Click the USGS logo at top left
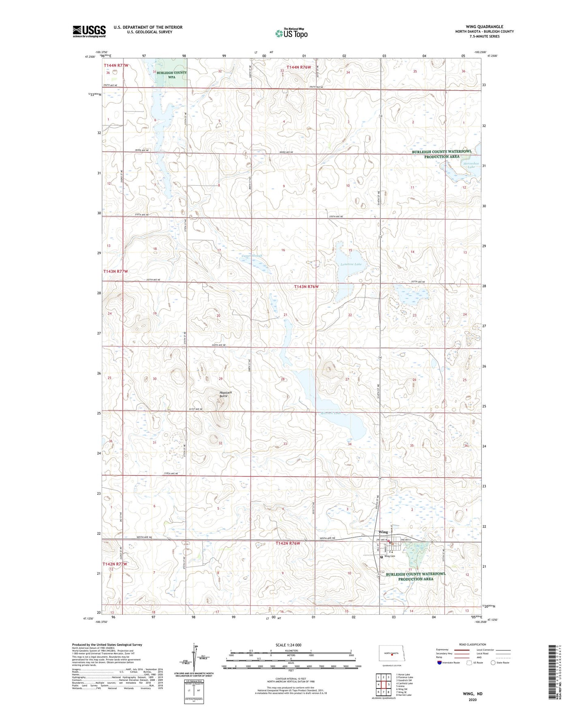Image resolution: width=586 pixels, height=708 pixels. (x=89, y=31)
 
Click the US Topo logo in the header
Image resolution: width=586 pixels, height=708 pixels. (x=291, y=33)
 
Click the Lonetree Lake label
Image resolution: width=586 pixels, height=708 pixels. (x=351, y=264)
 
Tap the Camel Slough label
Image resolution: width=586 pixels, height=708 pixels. (x=252, y=256)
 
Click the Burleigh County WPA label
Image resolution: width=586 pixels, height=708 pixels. (x=172, y=75)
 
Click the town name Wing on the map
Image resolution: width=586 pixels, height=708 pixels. (x=383, y=532)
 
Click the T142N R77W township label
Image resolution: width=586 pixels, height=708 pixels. (x=115, y=564)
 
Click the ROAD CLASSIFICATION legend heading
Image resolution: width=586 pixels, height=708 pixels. (x=472, y=644)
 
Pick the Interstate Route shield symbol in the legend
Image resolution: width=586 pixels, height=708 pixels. (x=440, y=663)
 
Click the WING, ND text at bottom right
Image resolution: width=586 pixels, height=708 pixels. (x=472, y=694)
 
